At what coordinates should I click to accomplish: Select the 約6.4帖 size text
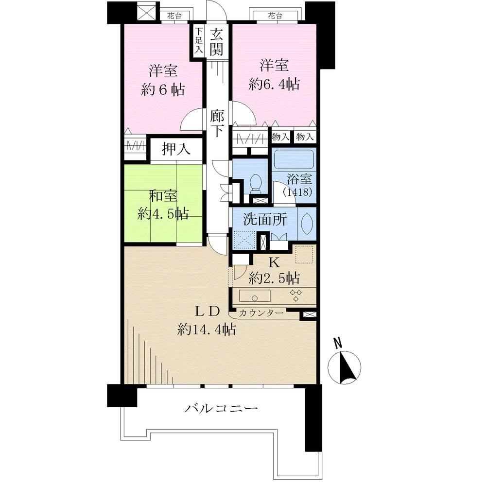pos(274,84)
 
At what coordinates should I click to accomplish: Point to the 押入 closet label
pos(176,149)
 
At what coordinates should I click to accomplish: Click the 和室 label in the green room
pos(163,196)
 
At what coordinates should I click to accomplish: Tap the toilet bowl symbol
pos(256,183)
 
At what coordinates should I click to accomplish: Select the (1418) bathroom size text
pos(297,192)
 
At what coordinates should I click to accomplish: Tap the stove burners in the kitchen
pos(296,295)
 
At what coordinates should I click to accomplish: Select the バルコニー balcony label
pos(221,408)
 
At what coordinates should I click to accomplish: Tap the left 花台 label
pos(174,16)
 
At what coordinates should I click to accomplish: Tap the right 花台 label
pos(275,16)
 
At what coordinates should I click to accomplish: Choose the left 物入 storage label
pos(281,137)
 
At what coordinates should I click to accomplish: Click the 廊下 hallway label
pos(216,123)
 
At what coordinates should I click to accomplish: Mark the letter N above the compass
pos(338,343)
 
